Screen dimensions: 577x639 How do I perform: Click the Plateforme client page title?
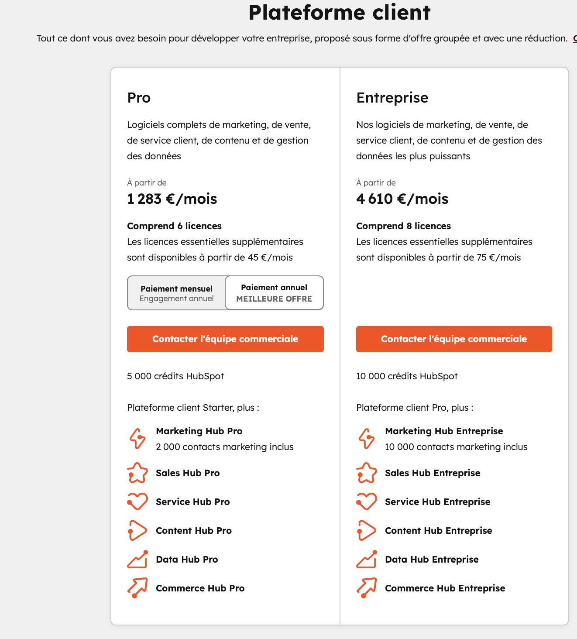(x=339, y=12)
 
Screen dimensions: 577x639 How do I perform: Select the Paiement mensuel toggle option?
(x=177, y=293)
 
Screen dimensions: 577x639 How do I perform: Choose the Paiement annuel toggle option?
(x=274, y=293)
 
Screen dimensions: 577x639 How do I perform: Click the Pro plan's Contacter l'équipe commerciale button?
(x=225, y=339)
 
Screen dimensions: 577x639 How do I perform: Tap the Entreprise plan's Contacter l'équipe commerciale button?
(x=454, y=339)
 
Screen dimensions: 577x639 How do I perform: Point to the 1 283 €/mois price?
(x=172, y=199)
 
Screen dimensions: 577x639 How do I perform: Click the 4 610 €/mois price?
(x=402, y=199)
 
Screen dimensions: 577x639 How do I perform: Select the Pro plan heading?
(x=139, y=97)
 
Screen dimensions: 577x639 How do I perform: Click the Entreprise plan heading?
(x=392, y=97)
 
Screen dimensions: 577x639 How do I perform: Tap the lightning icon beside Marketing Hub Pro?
(x=137, y=439)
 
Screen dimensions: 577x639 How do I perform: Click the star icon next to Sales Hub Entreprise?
(x=367, y=473)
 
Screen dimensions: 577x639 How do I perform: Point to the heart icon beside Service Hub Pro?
(x=137, y=502)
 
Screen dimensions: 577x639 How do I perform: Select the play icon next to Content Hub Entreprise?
(x=367, y=531)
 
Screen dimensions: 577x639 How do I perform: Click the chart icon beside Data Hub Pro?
(x=137, y=560)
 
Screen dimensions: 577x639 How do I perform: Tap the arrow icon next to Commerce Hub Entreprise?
(x=367, y=588)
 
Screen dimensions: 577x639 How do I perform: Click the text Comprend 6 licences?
(x=174, y=226)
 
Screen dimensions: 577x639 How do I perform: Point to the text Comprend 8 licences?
(x=403, y=226)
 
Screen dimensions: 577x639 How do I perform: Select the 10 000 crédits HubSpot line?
(x=407, y=376)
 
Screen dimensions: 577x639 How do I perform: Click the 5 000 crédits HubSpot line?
(x=175, y=376)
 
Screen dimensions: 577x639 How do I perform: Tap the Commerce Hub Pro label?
(x=200, y=588)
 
